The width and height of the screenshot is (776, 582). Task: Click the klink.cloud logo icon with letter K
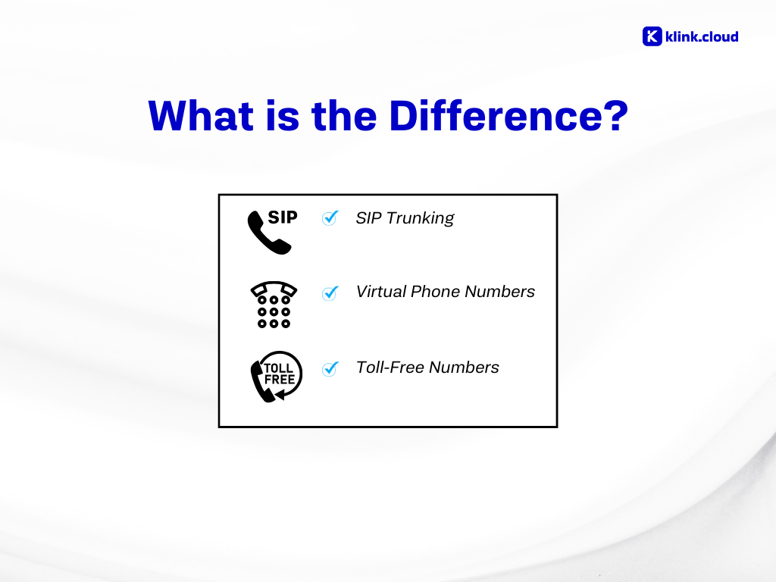pyautogui.click(x=652, y=36)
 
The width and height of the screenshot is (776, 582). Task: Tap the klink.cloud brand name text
pyautogui.click(x=702, y=36)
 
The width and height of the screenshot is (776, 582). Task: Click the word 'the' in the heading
pyautogui.click(x=345, y=116)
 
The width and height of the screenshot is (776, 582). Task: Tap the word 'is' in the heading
pyautogui.click(x=283, y=116)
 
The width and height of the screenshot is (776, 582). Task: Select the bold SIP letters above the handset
pyautogui.click(x=283, y=217)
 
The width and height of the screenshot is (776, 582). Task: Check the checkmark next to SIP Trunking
pyautogui.click(x=330, y=217)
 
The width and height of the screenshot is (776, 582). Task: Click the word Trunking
pyautogui.click(x=420, y=218)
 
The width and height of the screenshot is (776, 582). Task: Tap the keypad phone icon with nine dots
pyautogui.click(x=274, y=305)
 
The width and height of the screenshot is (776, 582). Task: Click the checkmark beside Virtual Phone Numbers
pyautogui.click(x=330, y=293)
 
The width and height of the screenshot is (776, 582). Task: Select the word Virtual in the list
pyautogui.click(x=381, y=292)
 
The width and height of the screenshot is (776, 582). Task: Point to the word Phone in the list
pyautogui.click(x=436, y=292)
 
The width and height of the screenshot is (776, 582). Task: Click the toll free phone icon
pyautogui.click(x=276, y=377)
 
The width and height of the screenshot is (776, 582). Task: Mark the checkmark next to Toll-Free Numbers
pyautogui.click(x=330, y=369)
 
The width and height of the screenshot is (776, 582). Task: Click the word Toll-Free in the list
pyautogui.click(x=390, y=368)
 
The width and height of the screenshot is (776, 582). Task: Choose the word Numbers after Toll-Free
pyautogui.click(x=465, y=368)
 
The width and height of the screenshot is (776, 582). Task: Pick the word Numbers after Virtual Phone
pyautogui.click(x=500, y=292)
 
